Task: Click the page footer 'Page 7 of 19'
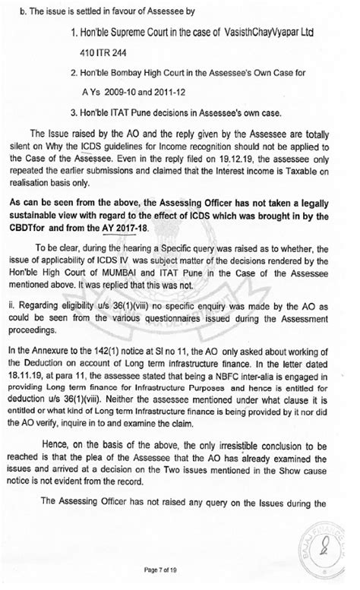178,569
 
